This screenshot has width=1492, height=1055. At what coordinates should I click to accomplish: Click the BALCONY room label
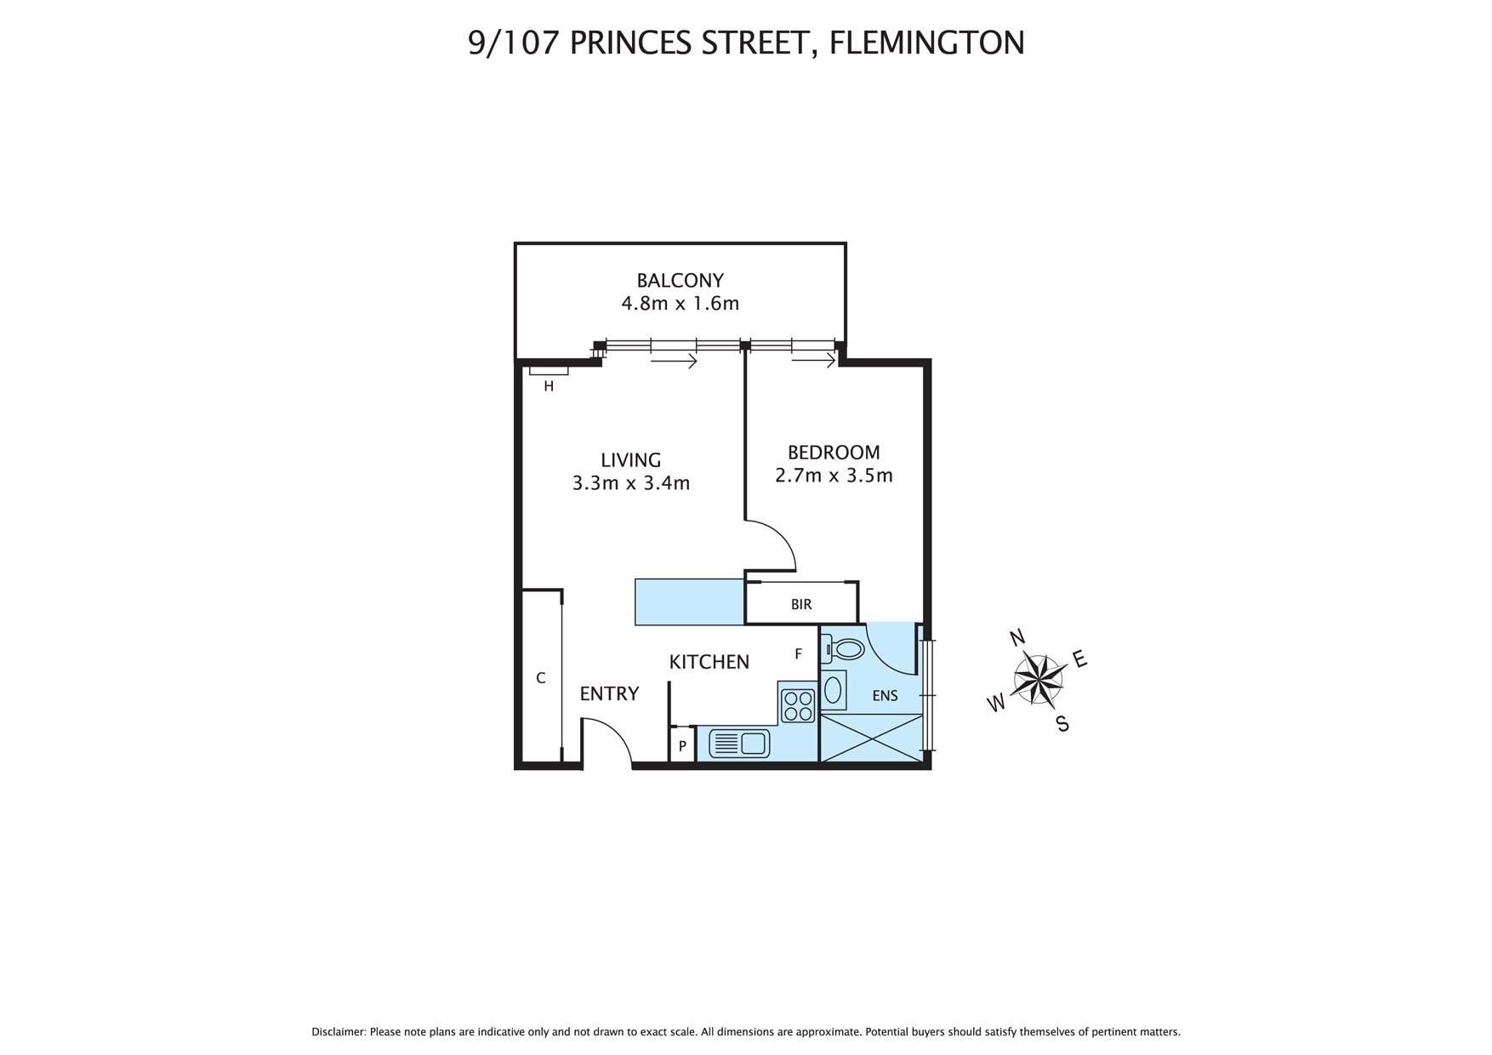click(680, 280)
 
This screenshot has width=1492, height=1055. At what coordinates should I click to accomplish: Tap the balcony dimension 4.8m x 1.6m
click(680, 303)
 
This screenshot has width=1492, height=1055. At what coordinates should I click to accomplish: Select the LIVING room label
click(630, 460)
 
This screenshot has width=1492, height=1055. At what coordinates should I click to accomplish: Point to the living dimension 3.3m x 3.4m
click(630, 483)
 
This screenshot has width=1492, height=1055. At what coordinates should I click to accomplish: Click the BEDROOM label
click(833, 453)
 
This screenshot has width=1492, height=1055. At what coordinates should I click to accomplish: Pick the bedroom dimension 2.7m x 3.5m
click(833, 476)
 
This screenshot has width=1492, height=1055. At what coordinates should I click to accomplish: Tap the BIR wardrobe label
click(800, 604)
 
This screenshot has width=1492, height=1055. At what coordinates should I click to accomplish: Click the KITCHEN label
click(709, 662)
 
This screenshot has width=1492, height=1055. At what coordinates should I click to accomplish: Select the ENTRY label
click(609, 694)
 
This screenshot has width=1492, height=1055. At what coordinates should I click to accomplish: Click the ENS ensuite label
click(885, 696)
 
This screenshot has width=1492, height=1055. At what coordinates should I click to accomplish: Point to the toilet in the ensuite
click(843, 650)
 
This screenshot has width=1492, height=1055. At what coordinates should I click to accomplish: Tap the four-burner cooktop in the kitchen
click(798, 705)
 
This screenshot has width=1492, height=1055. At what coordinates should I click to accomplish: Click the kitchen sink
click(739, 744)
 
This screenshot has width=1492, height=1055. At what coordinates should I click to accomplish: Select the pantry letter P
click(682, 746)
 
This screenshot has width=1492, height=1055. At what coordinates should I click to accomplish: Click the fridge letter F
click(798, 654)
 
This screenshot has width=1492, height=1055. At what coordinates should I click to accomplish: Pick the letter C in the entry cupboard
click(540, 679)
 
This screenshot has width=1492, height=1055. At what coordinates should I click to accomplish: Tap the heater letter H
click(549, 386)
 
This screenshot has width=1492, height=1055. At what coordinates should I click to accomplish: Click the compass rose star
click(1039, 678)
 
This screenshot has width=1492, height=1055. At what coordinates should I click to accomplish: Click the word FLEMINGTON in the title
click(926, 43)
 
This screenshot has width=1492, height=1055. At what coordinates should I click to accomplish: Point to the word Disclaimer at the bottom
click(339, 1032)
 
